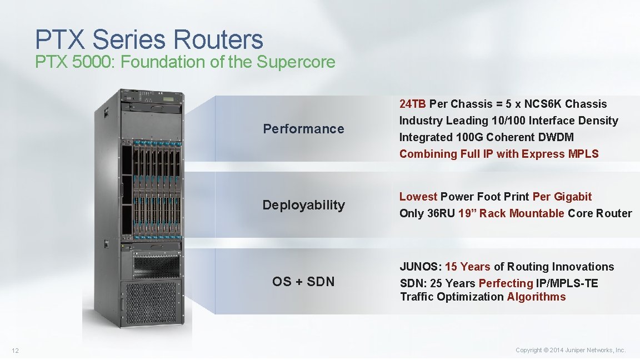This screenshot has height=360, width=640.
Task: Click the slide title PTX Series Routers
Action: pyautogui.click(x=149, y=39)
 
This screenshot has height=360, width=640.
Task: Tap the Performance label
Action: pyautogui.click(x=303, y=129)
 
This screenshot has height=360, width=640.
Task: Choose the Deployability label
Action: pyautogui.click(x=303, y=205)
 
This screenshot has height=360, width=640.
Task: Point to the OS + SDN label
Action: pyautogui.click(x=303, y=282)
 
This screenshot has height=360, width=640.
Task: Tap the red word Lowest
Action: pyautogui.click(x=418, y=197)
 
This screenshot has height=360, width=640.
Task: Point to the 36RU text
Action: pyautogui.click(x=441, y=213)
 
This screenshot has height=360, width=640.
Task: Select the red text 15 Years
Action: pyautogui.click(x=468, y=267)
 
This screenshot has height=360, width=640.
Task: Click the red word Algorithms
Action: pyautogui.click(x=536, y=297)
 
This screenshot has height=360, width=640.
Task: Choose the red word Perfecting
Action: pyautogui.click(x=506, y=283)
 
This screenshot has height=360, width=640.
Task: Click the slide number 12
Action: pyautogui.click(x=16, y=350)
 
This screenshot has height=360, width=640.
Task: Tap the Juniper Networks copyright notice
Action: pyautogui.click(x=571, y=350)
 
